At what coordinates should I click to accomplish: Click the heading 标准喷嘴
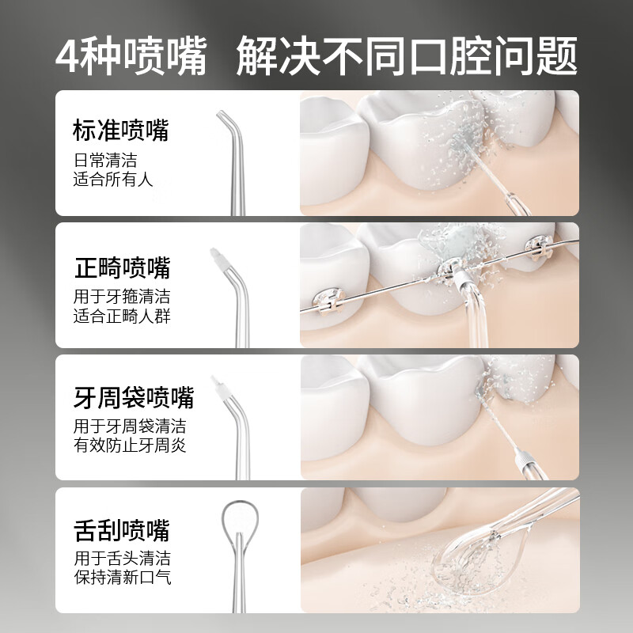click(x=120, y=131)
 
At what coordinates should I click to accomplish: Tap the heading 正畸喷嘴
click(x=122, y=268)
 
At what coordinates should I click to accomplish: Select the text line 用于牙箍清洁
click(x=122, y=298)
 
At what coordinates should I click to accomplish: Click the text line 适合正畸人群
click(x=122, y=316)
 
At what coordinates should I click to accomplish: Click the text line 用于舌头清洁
click(x=122, y=558)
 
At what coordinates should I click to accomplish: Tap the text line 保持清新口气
click(x=122, y=577)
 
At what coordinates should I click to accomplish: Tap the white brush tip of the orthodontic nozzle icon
click(x=215, y=257)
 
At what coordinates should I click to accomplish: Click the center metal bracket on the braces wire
click(x=449, y=269)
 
